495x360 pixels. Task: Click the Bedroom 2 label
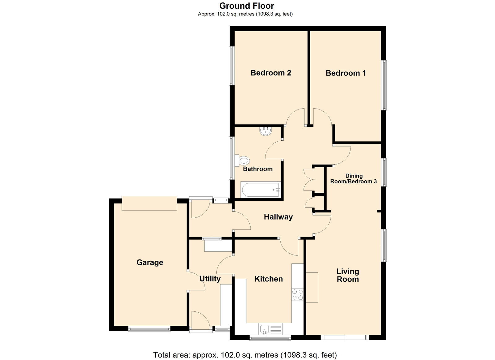tap(271, 73)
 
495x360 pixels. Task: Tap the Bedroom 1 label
tap(346, 73)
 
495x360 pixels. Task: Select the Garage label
tap(150, 262)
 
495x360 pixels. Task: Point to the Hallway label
tap(278, 217)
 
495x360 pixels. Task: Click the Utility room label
tap(210, 279)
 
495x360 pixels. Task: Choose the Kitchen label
tap(269, 279)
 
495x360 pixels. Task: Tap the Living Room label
tap(348, 275)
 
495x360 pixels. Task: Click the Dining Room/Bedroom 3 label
tap(353, 179)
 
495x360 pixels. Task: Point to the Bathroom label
tap(258, 169)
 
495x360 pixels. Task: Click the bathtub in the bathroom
tap(261, 190)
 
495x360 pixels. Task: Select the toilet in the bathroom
tap(243, 161)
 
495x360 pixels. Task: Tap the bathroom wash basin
tap(266, 131)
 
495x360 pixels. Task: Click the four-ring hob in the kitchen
tap(297, 295)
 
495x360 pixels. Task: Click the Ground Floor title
tap(247, 6)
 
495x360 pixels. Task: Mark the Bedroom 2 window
tap(231, 66)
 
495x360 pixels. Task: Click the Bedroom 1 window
tap(385, 85)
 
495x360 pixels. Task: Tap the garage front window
tap(149, 329)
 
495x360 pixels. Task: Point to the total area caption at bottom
tap(245, 355)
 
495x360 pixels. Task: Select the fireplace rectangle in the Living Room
tap(312, 287)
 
